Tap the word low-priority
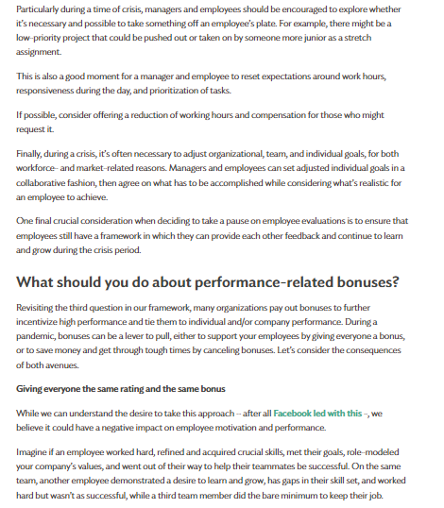[39, 43]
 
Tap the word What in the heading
[42, 283]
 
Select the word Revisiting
[41, 308]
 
